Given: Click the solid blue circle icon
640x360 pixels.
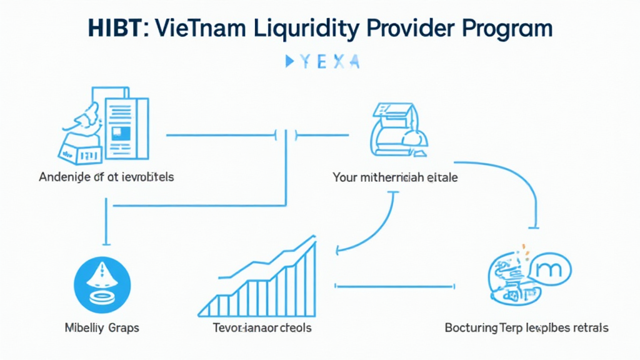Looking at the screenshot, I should [x=102, y=282].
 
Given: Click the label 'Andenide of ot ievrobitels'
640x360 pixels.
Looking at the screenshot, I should [x=106, y=177].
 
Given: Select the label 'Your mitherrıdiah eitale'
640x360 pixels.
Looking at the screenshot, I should [x=395, y=177].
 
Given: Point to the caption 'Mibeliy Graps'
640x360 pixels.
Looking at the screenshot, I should [x=102, y=327].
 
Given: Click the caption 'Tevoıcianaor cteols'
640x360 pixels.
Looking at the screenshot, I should [x=262, y=327].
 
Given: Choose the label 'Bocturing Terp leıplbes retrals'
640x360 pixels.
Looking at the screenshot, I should [x=526, y=327].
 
